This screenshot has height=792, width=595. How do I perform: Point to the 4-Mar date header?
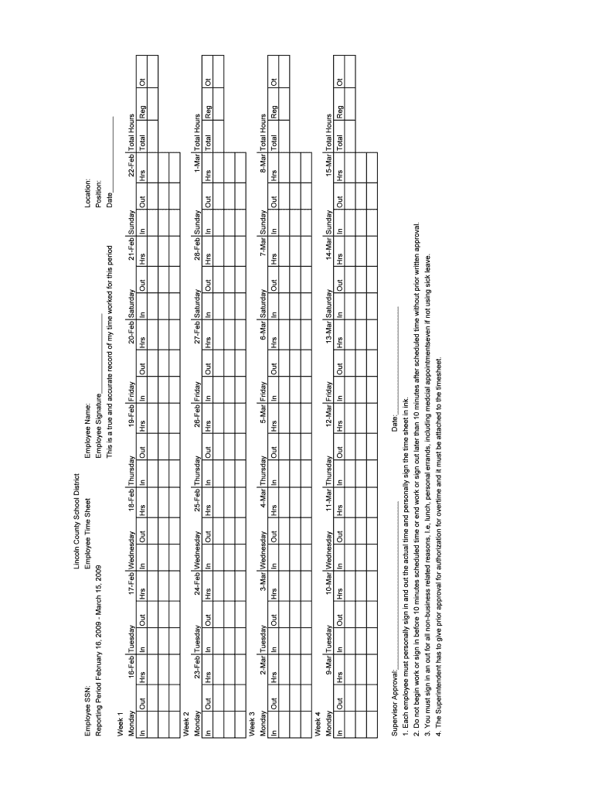point(263,500)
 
